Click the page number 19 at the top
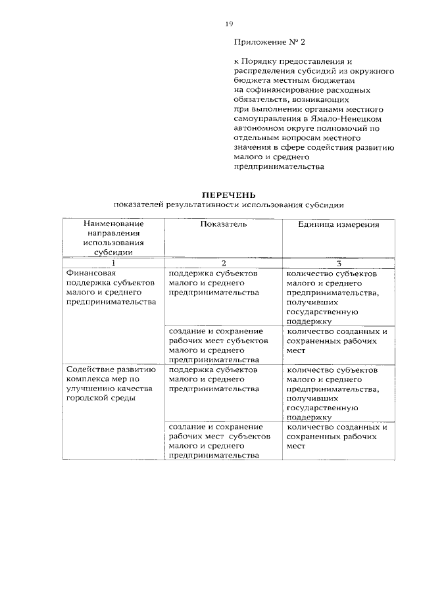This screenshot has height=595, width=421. pyautogui.click(x=229, y=24)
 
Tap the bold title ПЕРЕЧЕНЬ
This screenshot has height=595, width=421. pyautogui.click(x=228, y=195)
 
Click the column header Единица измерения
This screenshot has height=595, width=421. pyautogui.click(x=339, y=224)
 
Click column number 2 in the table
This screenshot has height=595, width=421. pyautogui.click(x=224, y=263)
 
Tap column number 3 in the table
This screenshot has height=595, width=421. pyautogui.click(x=339, y=263)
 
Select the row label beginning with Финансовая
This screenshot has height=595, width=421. pyautogui.click(x=111, y=287)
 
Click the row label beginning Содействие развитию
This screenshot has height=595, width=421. pyautogui.click(x=111, y=384)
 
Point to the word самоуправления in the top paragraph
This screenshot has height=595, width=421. pyautogui.click(x=266, y=120)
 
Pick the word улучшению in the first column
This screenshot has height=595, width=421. pyautogui.click(x=90, y=389)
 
